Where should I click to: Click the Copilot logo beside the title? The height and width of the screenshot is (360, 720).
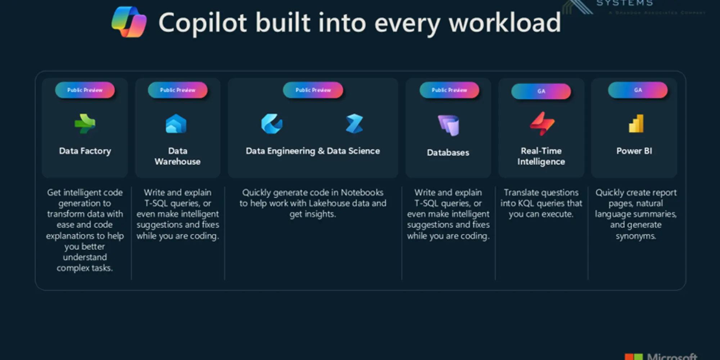pyautogui.click(x=129, y=22)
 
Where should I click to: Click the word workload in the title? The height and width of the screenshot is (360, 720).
pyautogui.click(x=505, y=23)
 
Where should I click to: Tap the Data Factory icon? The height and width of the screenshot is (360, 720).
pyautogui.click(x=85, y=124)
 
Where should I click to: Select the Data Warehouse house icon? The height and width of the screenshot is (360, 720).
pyautogui.click(x=176, y=124)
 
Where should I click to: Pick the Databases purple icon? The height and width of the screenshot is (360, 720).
pyautogui.click(x=449, y=125)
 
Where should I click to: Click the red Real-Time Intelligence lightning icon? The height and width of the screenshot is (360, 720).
pyautogui.click(x=542, y=124)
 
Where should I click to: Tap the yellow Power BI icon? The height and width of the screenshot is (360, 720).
pyautogui.click(x=636, y=123)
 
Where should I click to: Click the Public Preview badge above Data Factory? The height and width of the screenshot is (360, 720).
pyautogui.click(x=85, y=90)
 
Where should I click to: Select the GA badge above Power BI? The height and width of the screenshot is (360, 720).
pyautogui.click(x=638, y=90)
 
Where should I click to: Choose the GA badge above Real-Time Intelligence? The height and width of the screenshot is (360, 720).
pyautogui.click(x=541, y=91)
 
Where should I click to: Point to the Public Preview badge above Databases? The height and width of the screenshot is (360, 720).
pyautogui.click(x=449, y=90)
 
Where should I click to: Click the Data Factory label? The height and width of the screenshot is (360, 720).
pyautogui.click(x=85, y=151)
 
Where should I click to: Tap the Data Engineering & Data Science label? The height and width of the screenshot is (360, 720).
pyautogui.click(x=312, y=151)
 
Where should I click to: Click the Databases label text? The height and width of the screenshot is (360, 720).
pyautogui.click(x=448, y=153)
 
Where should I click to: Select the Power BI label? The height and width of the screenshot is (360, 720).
pyautogui.click(x=634, y=151)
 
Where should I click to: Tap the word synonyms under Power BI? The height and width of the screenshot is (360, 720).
pyautogui.click(x=636, y=236)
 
